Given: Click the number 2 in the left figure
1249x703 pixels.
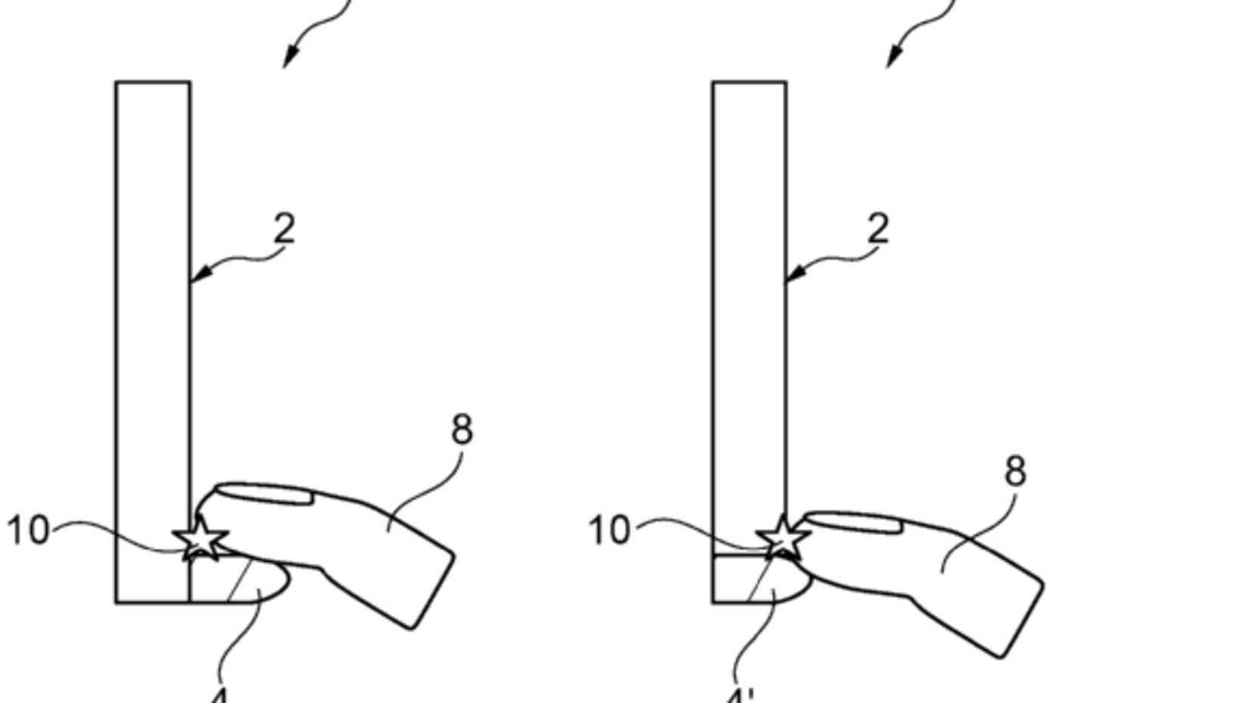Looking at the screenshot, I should click(284, 228).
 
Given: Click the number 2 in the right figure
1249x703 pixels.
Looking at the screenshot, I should click(877, 228).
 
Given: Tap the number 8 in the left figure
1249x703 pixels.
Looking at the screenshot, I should click(462, 430).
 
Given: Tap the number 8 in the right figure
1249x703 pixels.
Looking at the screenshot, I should click(1015, 472).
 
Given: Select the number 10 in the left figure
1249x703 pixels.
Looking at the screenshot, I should click(28, 531).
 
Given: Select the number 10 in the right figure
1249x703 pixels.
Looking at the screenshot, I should click(609, 530).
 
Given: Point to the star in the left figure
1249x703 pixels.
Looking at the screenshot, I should click(201, 540).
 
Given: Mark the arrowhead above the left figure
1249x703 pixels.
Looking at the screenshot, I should click(288, 58).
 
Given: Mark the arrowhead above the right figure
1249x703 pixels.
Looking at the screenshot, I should click(892, 58).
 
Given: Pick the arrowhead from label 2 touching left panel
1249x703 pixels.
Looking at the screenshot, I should click(196, 277).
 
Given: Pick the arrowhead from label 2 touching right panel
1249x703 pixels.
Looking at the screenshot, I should click(792, 277).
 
